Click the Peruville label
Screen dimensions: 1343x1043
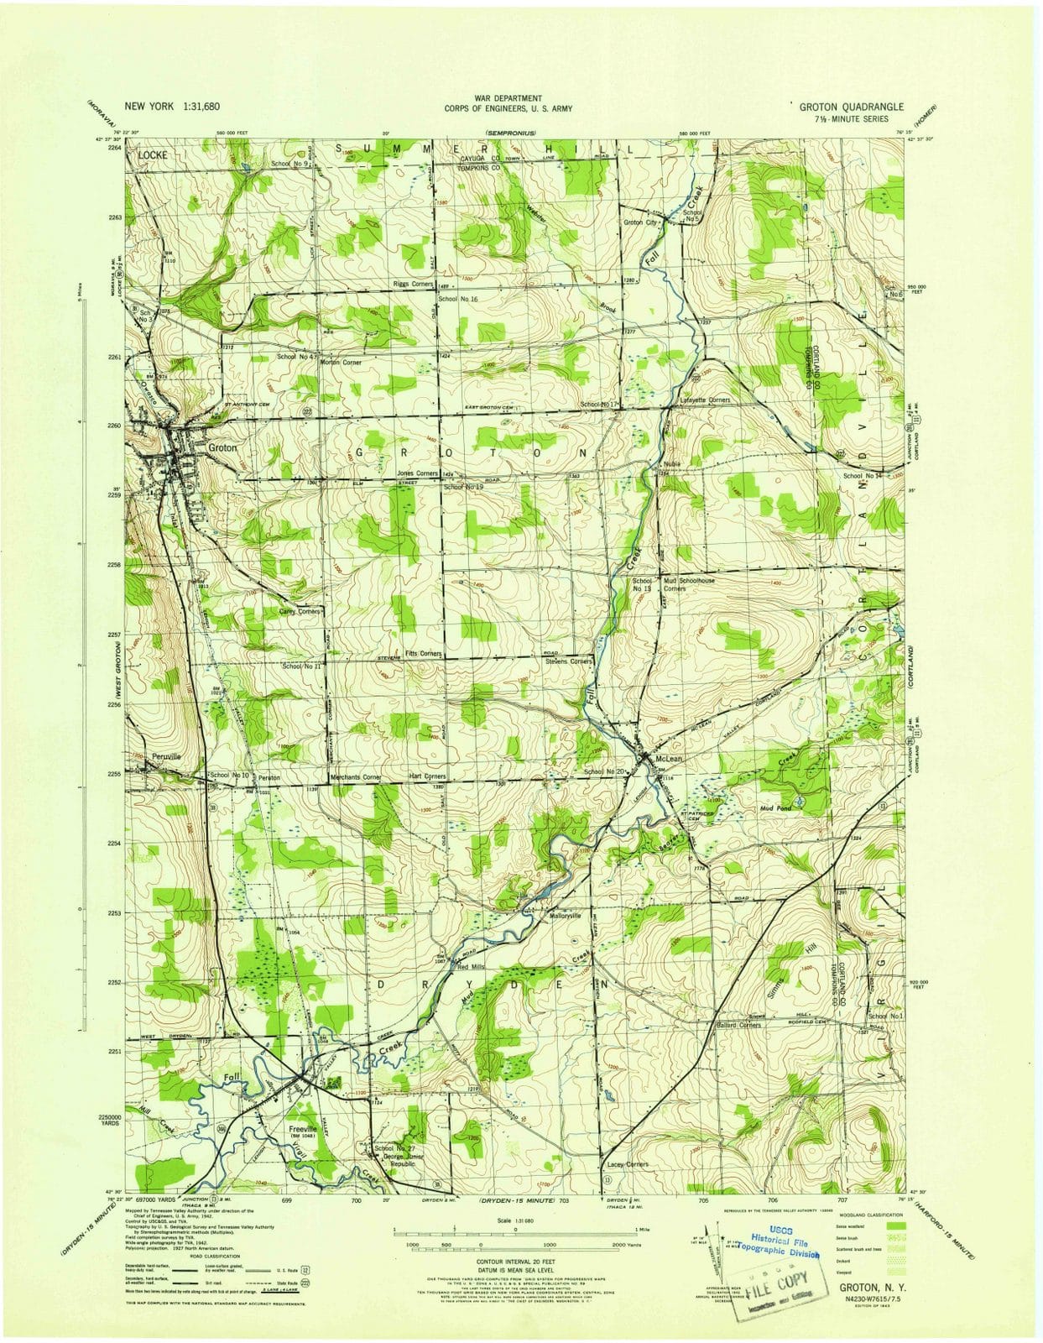tap(167, 756)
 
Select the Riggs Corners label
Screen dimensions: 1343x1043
tap(413, 285)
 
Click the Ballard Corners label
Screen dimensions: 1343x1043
tap(738, 1025)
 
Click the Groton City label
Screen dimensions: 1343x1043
tap(639, 222)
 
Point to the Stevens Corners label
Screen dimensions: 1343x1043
tap(569, 661)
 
